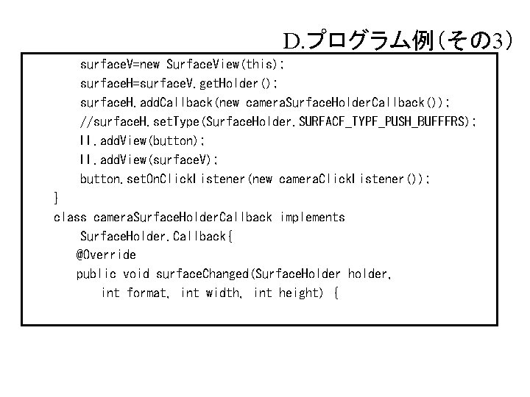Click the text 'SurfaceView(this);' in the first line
(225, 64)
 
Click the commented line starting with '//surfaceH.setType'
(278, 121)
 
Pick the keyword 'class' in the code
(70, 217)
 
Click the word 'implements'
(312, 217)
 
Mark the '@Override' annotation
(106, 255)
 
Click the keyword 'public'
(96, 274)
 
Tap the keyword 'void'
(135, 274)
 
